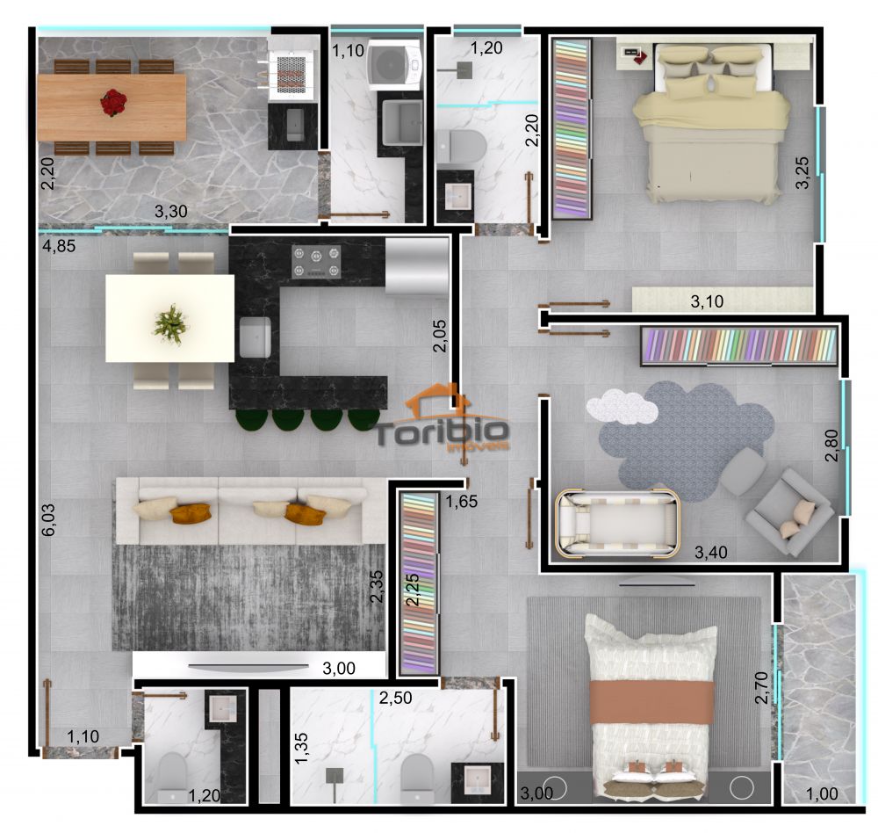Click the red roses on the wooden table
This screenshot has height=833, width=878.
coord(112,103)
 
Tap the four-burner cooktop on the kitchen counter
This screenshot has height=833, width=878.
coord(316,262)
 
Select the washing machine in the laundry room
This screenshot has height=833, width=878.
coord(392,64)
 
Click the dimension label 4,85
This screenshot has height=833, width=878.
coord(59,246)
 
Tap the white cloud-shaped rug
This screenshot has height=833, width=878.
coord(622,406)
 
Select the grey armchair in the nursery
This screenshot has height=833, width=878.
coord(788,512)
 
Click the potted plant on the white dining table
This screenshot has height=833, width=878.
coord(170,323)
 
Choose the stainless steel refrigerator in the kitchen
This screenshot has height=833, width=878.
coord(416,265)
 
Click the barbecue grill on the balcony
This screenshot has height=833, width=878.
coord(291,70)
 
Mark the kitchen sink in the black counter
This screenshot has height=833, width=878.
coord(255,337)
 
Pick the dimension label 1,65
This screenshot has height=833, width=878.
coord(462,503)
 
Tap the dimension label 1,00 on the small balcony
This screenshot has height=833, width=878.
coord(822,793)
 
